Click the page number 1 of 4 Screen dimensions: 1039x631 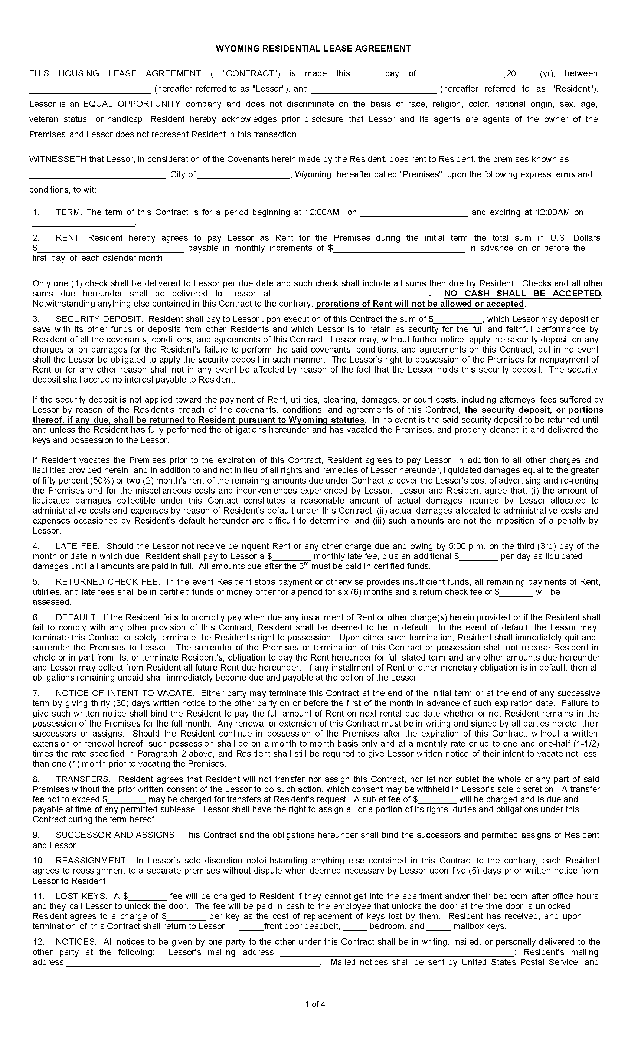(x=315, y=1004)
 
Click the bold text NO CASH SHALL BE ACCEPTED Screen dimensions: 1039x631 (x=523, y=294)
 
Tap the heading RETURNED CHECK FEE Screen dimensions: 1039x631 (x=108, y=581)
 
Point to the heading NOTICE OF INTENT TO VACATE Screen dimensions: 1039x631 (x=124, y=693)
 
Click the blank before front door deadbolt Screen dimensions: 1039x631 (x=251, y=927)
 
